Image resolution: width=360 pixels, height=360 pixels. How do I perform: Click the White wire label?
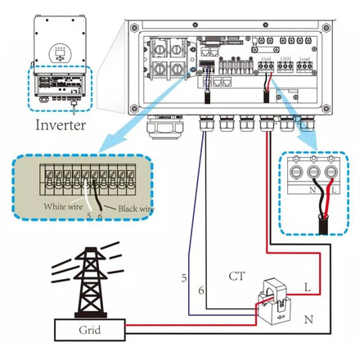pos(65,207)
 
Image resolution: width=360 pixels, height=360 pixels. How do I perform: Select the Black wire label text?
pos(131,209)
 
